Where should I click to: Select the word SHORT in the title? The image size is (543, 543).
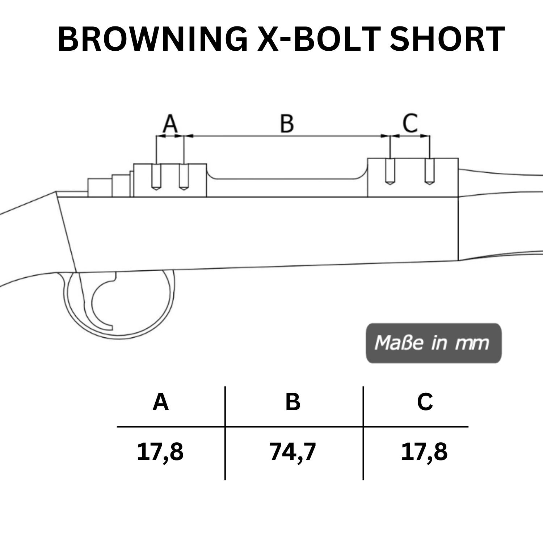tap(447, 39)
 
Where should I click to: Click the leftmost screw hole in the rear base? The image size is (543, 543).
tap(156, 177)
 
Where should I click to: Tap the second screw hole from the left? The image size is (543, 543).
tap(184, 177)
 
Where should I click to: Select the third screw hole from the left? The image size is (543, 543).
tap(390, 172)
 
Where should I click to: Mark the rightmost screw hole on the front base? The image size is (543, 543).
tap(429, 172)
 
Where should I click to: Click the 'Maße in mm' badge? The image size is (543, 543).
tap(434, 343)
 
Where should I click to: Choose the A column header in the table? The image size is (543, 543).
tap(161, 402)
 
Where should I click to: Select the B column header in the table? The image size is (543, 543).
tap(292, 402)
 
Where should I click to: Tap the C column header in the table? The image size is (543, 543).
tap(425, 402)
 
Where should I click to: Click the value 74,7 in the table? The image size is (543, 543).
tap(292, 452)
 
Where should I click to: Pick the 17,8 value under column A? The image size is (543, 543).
tap(160, 452)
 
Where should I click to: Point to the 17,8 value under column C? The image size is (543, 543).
tap(424, 452)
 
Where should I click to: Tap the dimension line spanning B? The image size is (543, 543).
tap(287, 136)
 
